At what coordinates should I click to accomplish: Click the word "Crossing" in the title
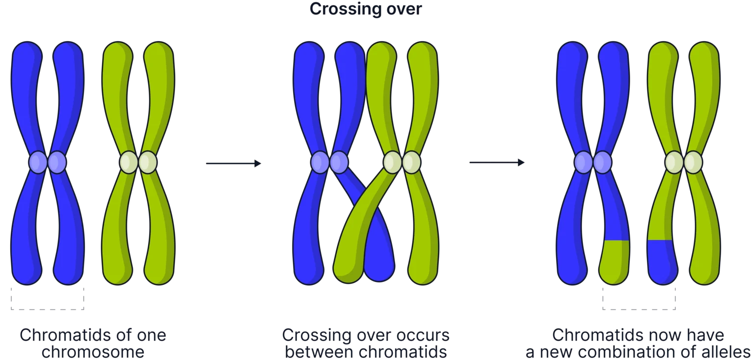tap(338, 9)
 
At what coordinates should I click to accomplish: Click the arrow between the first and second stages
tap(234, 164)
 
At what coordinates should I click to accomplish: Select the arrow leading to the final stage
tap(497, 163)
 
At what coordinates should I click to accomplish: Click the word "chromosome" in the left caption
tap(93, 352)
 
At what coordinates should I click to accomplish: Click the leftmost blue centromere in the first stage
tap(38, 163)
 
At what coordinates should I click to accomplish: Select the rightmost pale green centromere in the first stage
tap(148, 163)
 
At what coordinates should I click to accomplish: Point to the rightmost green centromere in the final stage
tap(693, 163)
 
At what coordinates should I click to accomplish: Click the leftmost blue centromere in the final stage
tap(583, 163)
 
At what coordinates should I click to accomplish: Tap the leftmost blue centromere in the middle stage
tap(320, 163)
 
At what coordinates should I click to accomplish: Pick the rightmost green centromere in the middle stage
tap(411, 163)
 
